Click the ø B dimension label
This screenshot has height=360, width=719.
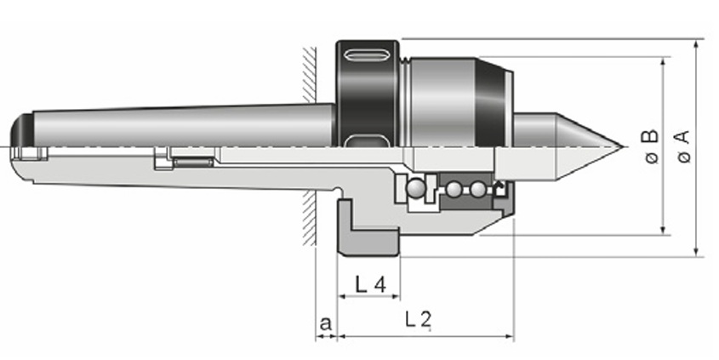[649, 146]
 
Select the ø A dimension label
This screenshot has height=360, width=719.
[682, 146]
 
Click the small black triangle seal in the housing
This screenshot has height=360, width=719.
[500, 189]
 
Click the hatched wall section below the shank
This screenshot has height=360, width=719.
[310, 221]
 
